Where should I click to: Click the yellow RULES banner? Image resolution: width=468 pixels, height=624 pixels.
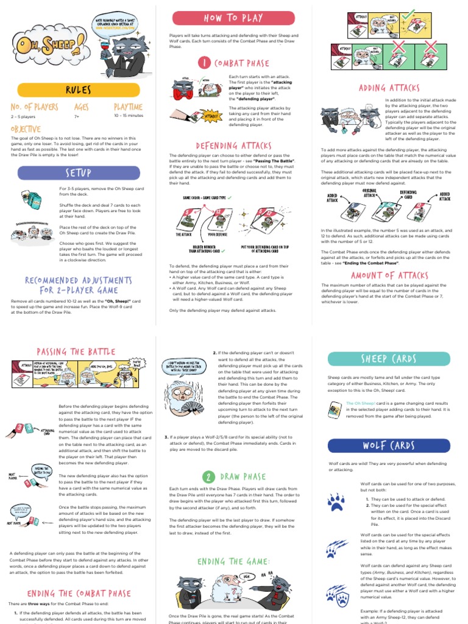click(x=78, y=91)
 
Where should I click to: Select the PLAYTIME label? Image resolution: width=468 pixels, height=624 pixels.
click(x=128, y=107)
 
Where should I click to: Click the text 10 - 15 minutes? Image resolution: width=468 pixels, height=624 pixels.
click(x=128, y=115)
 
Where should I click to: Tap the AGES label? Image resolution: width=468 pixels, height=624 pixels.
click(x=82, y=107)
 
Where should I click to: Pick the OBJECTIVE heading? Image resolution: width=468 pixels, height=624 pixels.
click(x=26, y=129)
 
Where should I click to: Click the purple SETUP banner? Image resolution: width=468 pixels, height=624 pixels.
click(x=78, y=173)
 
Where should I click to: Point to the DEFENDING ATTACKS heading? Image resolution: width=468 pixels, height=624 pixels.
click(x=233, y=146)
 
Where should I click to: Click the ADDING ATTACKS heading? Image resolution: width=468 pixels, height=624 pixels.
click(x=389, y=88)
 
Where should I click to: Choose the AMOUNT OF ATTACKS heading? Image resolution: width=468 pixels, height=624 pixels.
click(x=389, y=275)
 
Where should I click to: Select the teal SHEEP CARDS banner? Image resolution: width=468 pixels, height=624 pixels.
click(x=389, y=358)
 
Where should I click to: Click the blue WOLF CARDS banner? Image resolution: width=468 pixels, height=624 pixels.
click(x=389, y=445)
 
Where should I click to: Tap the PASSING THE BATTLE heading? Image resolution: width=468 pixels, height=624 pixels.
click(x=68, y=352)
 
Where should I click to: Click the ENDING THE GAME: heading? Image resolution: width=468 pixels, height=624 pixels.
click(x=233, y=561)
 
